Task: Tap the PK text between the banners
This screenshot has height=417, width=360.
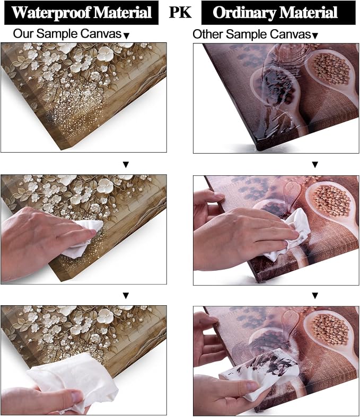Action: [x=180, y=12]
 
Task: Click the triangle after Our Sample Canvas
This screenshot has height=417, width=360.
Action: [x=127, y=36]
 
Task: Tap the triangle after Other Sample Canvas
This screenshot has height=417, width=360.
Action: [x=315, y=36]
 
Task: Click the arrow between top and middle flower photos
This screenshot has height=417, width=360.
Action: [x=126, y=165]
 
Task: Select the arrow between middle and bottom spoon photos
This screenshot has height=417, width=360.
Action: [x=315, y=296]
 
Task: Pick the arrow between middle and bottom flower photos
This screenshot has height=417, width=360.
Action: [x=126, y=296]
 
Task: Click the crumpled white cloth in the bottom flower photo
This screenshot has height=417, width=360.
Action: [x=75, y=380]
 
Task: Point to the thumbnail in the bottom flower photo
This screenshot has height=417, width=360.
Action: [x=77, y=396]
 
